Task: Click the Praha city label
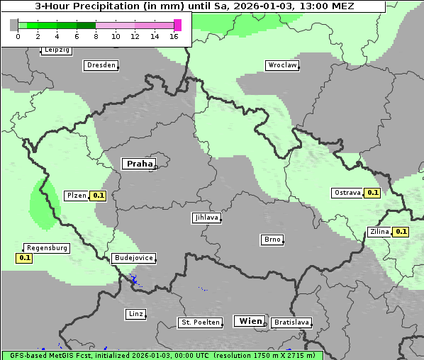click(139, 164)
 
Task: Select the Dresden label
click(101, 65)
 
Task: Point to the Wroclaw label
click(281, 65)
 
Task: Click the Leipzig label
click(57, 50)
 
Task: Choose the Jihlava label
click(206, 218)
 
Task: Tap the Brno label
click(272, 240)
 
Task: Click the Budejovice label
click(133, 258)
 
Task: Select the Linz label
click(135, 314)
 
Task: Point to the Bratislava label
click(291, 322)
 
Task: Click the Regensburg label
click(47, 248)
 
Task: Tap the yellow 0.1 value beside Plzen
click(98, 196)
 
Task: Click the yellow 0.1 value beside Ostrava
click(372, 193)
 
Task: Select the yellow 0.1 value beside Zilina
click(401, 232)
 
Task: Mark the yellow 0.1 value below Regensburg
click(25, 258)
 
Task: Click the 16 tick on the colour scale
click(174, 35)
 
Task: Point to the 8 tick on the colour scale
click(96, 35)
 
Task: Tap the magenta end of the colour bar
click(177, 25)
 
